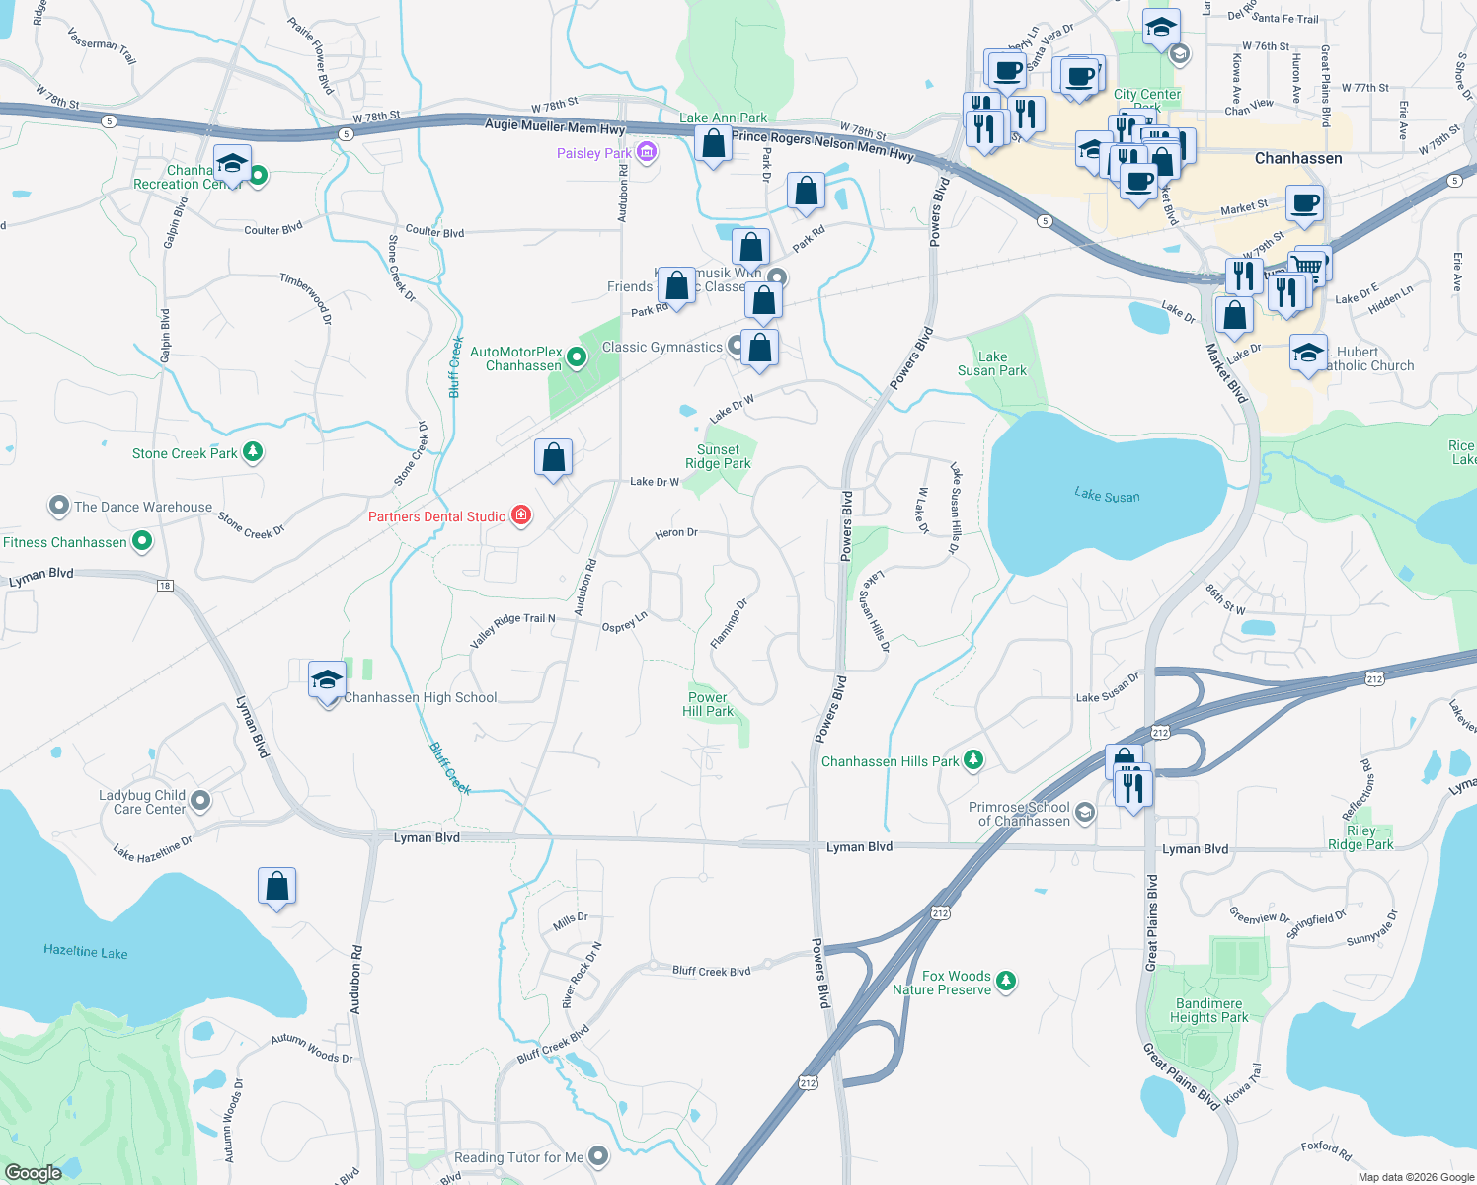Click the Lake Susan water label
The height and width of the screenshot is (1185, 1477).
click(x=1107, y=496)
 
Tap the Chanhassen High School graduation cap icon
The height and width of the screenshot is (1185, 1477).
click(x=327, y=681)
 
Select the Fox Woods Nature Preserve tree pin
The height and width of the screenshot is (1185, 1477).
click(x=1006, y=981)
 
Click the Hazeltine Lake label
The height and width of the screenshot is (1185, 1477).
click(x=86, y=952)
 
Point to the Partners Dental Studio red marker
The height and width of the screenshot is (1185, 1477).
click(x=521, y=515)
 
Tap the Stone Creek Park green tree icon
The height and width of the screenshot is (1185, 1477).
click(x=253, y=452)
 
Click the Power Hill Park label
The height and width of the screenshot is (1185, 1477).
click(x=709, y=704)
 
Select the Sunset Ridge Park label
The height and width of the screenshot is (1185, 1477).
click(x=718, y=456)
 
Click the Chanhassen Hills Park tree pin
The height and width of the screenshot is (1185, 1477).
click(x=973, y=759)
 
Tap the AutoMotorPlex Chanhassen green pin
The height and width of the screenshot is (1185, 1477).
click(x=577, y=358)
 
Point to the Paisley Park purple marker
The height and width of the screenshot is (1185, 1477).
click(x=647, y=152)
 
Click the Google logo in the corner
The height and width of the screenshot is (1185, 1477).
click(x=33, y=1172)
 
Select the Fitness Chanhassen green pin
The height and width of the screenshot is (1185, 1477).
click(x=142, y=541)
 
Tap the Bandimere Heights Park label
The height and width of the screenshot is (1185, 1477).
click(x=1208, y=1010)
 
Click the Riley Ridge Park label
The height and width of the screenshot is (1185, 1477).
click(x=1360, y=837)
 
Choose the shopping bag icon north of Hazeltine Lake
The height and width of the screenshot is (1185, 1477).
click(x=277, y=886)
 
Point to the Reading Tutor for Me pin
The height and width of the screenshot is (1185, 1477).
click(x=598, y=1156)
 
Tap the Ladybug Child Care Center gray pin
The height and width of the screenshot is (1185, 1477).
click(x=200, y=801)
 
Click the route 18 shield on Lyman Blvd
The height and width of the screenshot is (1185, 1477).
click(x=164, y=586)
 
